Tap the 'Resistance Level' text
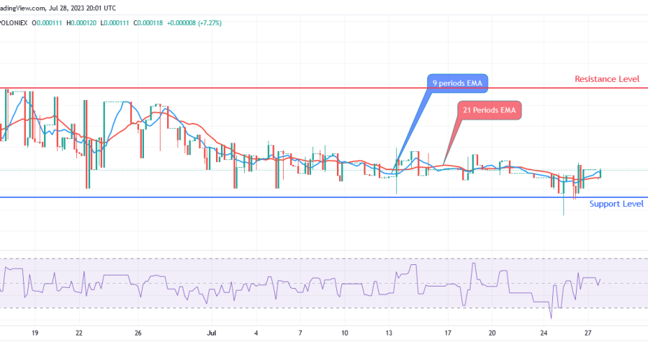click(x=606, y=78)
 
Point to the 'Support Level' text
click(x=616, y=204)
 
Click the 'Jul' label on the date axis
click(x=211, y=333)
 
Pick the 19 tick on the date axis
click(x=35, y=333)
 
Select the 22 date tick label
click(x=79, y=333)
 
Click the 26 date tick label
click(x=138, y=333)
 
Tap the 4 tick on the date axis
click(x=256, y=333)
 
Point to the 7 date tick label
click(x=300, y=333)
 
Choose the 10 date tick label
click(x=345, y=333)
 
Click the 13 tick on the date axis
click(x=389, y=333)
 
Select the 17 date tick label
click(x=448, y=333)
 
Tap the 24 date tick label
click(x=544, y=333)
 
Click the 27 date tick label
click(x=588, y=333)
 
